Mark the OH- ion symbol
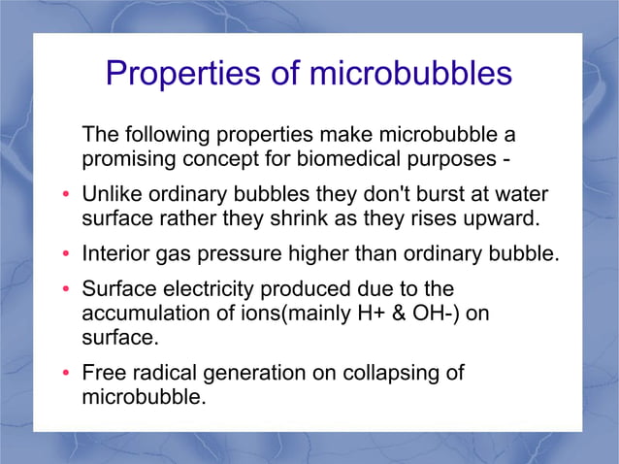[x=416, y=315]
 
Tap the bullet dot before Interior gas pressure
[x=65, y=255]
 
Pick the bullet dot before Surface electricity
[x=65, y=291]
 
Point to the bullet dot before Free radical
[x=65, y=375]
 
